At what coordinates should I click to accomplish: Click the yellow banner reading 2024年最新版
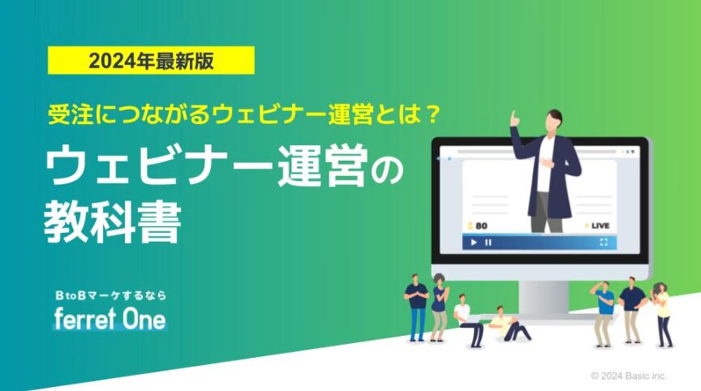coord(151,60)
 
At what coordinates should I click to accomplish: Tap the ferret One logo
coord(110,319)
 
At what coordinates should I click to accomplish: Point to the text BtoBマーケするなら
coord(110,295)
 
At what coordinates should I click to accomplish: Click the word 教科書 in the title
coord(112,222)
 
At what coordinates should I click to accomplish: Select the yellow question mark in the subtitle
coord(431,115)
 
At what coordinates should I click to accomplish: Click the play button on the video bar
coord(474,243)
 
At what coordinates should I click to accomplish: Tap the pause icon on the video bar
coord(488,243)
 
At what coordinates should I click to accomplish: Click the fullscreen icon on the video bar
coord(604,243)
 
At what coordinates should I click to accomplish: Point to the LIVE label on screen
coord(600,226)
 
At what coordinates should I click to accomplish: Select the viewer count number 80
coord(481,226)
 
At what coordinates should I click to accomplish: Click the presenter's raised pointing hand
coord(514,118)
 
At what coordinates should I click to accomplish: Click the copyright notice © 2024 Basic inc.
coord(629,376)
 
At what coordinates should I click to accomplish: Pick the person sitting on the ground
coord(509,324)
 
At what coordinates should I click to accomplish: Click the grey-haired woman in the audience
coord(439,307)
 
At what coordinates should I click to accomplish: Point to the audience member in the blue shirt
coord(604,314)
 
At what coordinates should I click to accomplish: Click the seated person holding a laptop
coord(468,320)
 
